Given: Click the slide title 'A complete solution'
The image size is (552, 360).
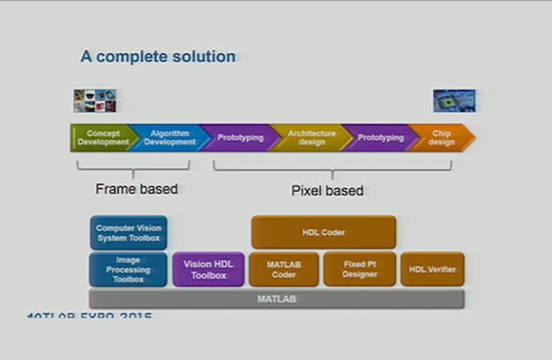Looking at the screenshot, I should tap(158, 57).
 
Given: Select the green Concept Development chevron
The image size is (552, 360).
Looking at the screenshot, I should tap(102, 138).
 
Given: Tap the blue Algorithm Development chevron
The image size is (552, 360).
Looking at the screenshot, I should tap(170, 138).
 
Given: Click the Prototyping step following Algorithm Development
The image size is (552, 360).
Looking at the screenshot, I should tap(239, 138).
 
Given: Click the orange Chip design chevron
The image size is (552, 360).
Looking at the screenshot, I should tap(441, 138).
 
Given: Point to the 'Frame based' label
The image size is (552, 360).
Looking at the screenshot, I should tap(136, 190).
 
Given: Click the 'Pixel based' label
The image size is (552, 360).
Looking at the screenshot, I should tap(326, 190).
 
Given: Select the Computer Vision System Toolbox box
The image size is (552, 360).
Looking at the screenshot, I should tap(128, 233).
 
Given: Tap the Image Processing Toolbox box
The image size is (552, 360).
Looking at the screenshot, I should tap(128, 270).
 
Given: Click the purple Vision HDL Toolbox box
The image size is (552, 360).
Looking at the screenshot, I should tap(208, 270).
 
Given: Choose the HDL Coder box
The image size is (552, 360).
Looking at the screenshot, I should tap(323, 232).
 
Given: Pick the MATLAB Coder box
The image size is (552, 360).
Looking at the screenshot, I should tap(283, 270).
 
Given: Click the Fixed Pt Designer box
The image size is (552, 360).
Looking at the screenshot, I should tap(359, 270).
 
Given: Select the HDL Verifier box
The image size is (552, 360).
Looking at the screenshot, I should tap(432, 270).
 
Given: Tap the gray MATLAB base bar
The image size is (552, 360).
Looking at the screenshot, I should tap(276, 299).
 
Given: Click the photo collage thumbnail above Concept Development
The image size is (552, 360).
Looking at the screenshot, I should tap(94, 101).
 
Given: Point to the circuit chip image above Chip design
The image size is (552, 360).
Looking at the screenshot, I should tap(454, 100).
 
